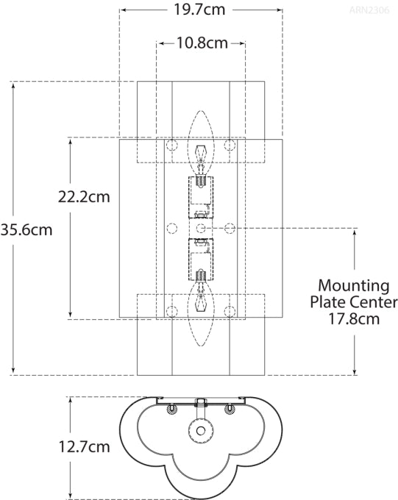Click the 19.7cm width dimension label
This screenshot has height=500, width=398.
(x=199, y=10)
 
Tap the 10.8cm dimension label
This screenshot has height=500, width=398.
(x=202, y=43)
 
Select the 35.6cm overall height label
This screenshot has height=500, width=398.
(x=26, y=229)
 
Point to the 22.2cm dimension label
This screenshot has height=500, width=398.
(x=84, y=197)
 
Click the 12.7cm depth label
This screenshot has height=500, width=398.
(x=84, y=447)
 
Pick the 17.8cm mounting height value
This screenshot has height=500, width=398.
(x=354, y=319)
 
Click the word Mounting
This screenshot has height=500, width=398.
(x=354, y=286)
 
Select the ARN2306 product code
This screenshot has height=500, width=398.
(x=369, y=10)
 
